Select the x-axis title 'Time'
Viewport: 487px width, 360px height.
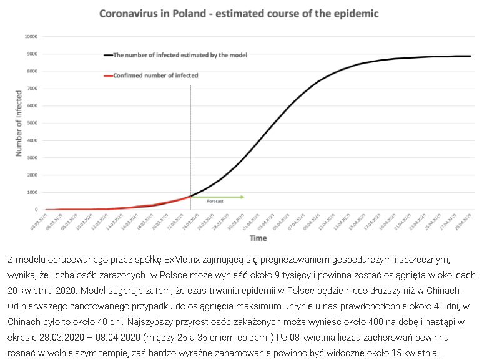pos(258,238)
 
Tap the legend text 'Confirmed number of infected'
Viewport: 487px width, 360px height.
pos(156,75)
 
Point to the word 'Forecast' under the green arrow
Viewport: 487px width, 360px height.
pos(215,202)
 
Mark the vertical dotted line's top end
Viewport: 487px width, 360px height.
pos(190,86)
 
